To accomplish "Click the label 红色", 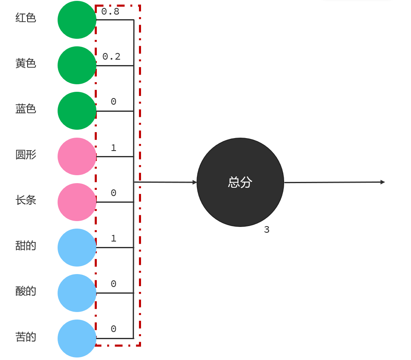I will click(x=26, y=18).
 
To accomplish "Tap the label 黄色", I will click(x=26, y=63).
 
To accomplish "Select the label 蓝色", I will click(x=26, y=109).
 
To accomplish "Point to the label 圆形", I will click(x=26, y=155).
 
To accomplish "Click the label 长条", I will click(x=26, y=200).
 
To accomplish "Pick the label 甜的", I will click(x=26, y=246).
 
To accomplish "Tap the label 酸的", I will click(x=26, y=291).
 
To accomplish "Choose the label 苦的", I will click(x=26, y=337).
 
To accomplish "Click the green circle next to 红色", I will click(x=77, y=20).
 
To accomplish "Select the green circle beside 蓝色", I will click(x=77, y=111).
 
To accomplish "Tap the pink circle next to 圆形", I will click(x=77, y=156).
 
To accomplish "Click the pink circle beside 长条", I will click(x=77, y=202).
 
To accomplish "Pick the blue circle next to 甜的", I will click(x=77, y=247).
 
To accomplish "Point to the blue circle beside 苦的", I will click(x=77, y=338).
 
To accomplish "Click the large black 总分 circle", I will click(x=240, y=182).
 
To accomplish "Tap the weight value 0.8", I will click(x=111, y=12).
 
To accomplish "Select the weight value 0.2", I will click(x=111, y=57).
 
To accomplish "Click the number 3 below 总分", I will click(x=267, y=230).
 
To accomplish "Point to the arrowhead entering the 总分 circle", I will click(x=194, y=182).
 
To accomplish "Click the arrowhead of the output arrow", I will click(x=382, y=182).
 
